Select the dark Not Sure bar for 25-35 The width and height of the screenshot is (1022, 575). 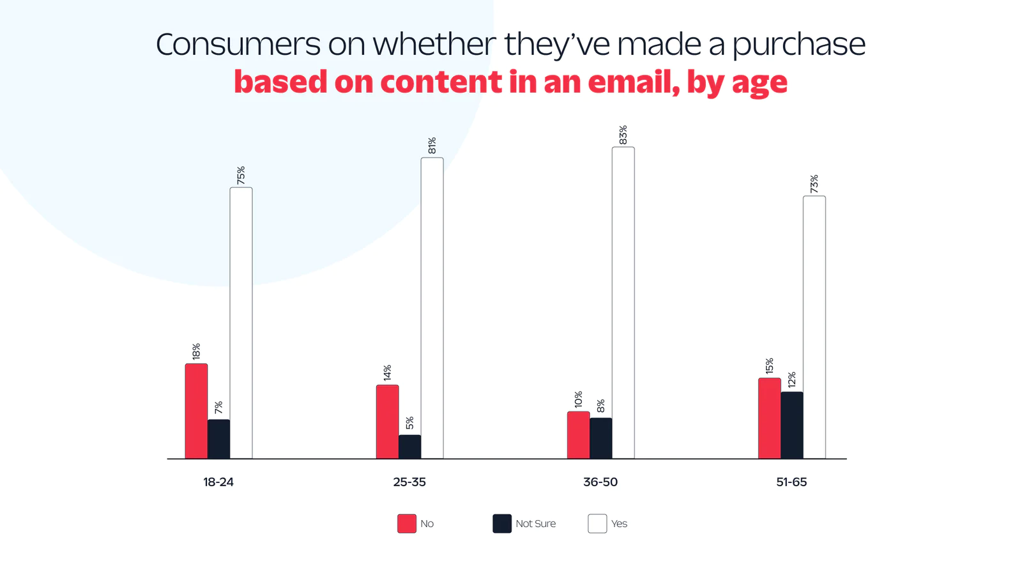[409, 447]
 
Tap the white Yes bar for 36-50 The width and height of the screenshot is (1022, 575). [623, 303]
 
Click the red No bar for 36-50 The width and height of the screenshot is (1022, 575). [578, 435]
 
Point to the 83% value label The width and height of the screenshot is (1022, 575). [623, 135]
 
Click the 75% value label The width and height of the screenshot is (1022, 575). [241, 176]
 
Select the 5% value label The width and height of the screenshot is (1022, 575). [409, 423]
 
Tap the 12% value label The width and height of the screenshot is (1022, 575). [791, 379]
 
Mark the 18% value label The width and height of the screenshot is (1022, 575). [196, 351]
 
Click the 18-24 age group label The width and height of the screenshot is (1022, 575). [218, 482]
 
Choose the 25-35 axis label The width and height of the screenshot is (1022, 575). [409, 482]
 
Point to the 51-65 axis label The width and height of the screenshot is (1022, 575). [791, 482]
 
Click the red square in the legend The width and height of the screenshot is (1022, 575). [407, 524]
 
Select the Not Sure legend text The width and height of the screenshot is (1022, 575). [535, 524]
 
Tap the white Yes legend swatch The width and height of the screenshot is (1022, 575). [597, 524]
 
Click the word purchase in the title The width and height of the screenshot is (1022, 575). [798, 45]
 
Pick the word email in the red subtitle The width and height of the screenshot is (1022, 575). [633, 82]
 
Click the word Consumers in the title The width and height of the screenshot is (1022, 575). [238, 45]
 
